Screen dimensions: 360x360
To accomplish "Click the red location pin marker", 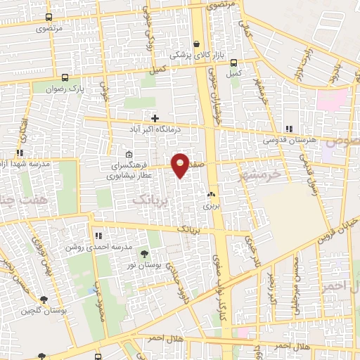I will coord(181,165).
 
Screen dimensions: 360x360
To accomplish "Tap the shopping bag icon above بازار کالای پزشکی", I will coord(196,44).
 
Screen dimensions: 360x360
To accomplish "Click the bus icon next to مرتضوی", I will coord(49,18).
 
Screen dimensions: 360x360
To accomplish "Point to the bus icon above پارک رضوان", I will coord(64,78).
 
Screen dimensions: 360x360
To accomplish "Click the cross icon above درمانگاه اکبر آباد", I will coord(155,118).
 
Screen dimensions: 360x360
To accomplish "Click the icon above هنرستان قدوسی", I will coord(289,129).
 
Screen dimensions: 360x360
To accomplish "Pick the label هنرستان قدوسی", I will coord(286,140).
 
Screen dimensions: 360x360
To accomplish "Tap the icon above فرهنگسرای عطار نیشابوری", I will coord(128,154).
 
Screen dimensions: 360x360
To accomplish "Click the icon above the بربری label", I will coord(210,194).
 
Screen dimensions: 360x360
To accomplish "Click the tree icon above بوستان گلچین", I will coord(36,299).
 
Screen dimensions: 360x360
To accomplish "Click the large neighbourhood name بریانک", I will coord(150,200).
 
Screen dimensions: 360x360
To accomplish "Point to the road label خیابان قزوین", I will coord(338,231).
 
